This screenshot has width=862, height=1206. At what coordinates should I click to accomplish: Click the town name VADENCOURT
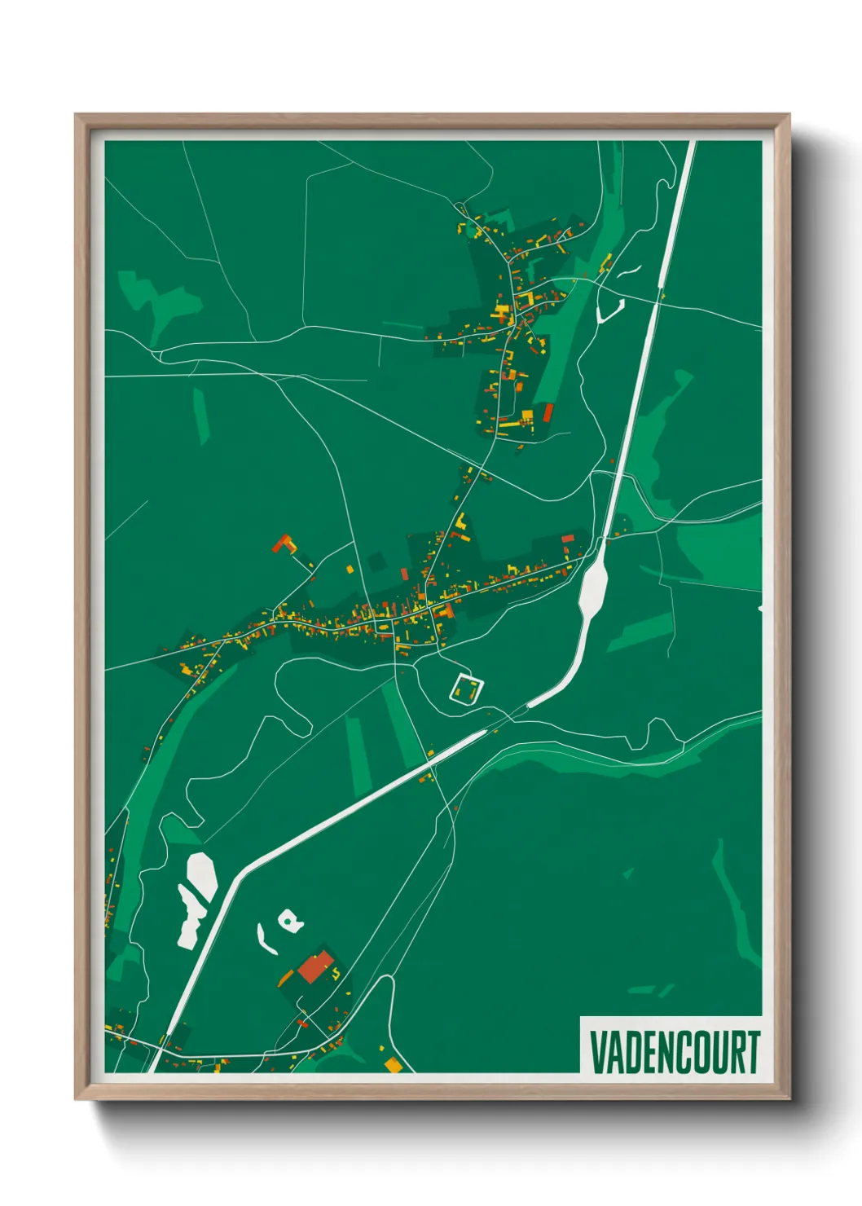[x=674, y=1052]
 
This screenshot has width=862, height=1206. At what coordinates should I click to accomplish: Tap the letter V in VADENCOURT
[x=597, y=1052]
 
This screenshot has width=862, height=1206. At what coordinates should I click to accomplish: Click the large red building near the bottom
[x=314, y=967]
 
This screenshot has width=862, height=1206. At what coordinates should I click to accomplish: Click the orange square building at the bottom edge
[x=394, y=1064]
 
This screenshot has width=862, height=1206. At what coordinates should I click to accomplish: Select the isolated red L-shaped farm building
[x=284, y=544]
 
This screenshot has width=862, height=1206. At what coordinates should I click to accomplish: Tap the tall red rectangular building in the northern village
[x=548, y=413]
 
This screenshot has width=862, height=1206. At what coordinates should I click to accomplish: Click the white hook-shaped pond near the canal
[x=610, y=310]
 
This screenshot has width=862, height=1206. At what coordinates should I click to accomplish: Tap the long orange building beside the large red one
[x=286, y=977]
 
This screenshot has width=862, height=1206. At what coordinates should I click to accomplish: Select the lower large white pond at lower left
[x=190, y=921]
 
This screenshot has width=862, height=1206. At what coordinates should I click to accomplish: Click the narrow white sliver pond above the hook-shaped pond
[x=630, y=270]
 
